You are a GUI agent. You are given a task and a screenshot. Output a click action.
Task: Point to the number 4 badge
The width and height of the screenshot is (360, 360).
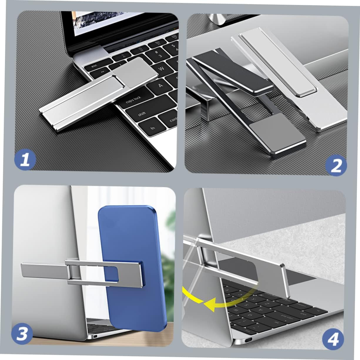(x=333, y=340)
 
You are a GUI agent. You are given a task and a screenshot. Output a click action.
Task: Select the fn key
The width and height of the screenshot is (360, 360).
(x=153, y=128)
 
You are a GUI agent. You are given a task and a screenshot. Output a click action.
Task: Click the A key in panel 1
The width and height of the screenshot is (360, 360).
(x=160, y=86)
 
